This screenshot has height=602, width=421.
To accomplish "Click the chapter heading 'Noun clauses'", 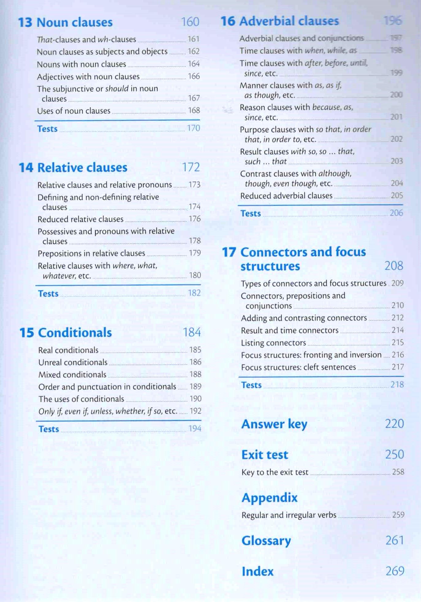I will pyautogui.click(x=74, y=22).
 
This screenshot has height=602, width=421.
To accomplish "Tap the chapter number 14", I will pyautogui.click(x=26, y=168).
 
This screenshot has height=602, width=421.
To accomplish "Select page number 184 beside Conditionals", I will pyautogui.click(x=192, y=332).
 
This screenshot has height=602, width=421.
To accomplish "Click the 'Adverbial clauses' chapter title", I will pyautogui.click(x=289, y=21).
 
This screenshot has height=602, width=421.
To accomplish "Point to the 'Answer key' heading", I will pyautogui.click(x=274, y=424).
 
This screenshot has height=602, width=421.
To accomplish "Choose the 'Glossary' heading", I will pyautogui.click(x=266, y=541).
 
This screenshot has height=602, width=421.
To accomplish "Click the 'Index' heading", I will pyautogui.click(x=257, y=571).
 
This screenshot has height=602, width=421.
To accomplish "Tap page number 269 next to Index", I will pyautogui.click(x=395, y=571).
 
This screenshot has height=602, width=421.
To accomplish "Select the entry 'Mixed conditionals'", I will pyautogui.click(x=72, y=375).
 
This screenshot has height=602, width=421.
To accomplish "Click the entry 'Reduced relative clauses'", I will pyautogui.click(x=80, y=219).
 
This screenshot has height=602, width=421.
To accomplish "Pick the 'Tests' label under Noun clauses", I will pyautogui.click(x=47, y=129).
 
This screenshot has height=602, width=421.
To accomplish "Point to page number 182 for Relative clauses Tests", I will pyautogui.click(x=194, y=293).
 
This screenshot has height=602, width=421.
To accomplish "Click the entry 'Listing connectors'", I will pyautogui.click(x=273, y=343).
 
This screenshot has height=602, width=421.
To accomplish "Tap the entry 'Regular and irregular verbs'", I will pyautogui.click(x=289, y=515).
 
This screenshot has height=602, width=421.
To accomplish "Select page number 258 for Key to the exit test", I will pyautogui.click(x=398, y=472).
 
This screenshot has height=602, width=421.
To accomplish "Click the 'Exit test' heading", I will pyautogui.click(x=265, y=455).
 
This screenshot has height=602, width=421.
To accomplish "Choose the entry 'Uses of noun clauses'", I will pyautogui.click(x=74, y=111).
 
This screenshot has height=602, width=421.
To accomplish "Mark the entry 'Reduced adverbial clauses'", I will pyautogui.click(x=286, y=196).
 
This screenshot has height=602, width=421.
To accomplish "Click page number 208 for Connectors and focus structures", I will pyautogui.click(x=394, y=266).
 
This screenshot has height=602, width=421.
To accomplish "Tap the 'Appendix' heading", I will pyautogui.click(x=269, y=497).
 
